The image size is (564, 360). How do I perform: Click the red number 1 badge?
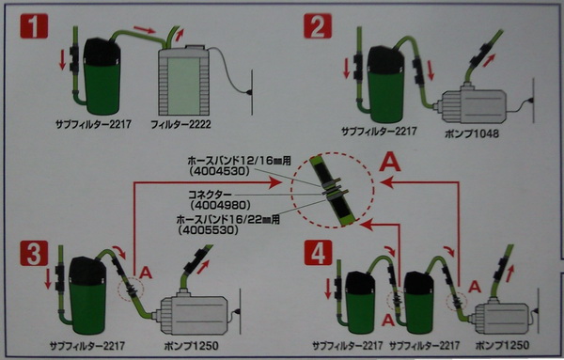pos(34,26)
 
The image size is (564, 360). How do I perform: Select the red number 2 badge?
pos(318,26)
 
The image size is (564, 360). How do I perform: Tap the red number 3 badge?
pos(34,253)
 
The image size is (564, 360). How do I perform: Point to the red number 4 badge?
pos(318,253)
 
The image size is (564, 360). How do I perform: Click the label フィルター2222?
pos(180,125)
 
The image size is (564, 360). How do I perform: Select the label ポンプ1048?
pos(472,133)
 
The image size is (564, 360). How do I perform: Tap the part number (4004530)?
pos(219,171)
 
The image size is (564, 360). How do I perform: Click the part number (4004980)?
pos(220,205)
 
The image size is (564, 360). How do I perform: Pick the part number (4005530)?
pos(208,230)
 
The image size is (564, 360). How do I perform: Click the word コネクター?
pos(210,195)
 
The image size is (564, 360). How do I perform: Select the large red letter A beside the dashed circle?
pos(390,163)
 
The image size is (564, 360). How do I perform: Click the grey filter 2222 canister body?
pos(184,81)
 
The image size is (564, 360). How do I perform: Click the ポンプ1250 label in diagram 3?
pos(192,346)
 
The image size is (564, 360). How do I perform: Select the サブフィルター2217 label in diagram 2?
pos(379,131)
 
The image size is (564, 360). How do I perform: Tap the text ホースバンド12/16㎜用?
pos(239,161)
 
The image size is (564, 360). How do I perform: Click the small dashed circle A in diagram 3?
pos(131,290)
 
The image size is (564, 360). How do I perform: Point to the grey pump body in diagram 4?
pos(501,318)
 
